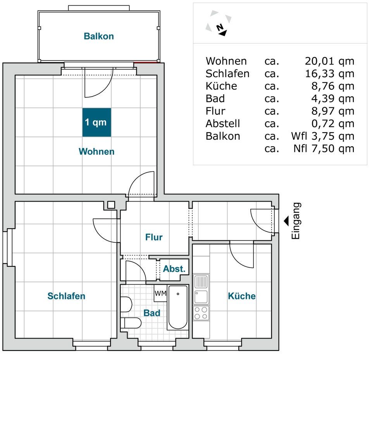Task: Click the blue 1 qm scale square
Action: [x=97, y=122]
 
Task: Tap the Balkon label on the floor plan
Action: [x=99, y=36]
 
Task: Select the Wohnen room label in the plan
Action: [x=96, y=151]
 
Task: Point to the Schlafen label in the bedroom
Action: [x=66, y=296]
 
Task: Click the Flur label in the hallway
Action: [x=154, y=237]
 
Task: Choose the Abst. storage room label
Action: [x=174, y=269]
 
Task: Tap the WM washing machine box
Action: [x=160, y=293]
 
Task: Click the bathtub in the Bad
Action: [x=177, y=307]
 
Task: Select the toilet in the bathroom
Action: [x=131, y=323]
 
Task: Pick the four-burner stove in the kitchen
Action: [x=201, y=313]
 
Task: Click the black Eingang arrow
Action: [x=286, y=221]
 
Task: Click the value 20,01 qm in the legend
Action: [x=329, y=61]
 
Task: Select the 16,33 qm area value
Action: [x=329, y=74]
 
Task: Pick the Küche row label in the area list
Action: [x=221, y=86]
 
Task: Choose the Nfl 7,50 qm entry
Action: [x=324, y=148]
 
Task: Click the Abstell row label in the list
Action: [x=223, y=124]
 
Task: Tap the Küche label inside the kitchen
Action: [x=242, y=296]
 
